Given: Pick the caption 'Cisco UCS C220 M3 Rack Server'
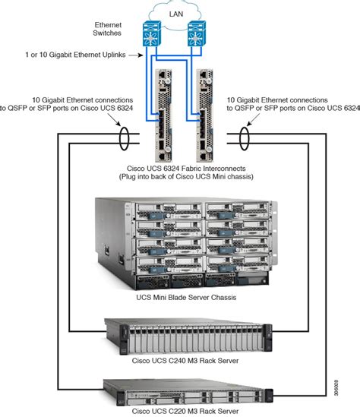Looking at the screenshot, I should click(180, 410).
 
